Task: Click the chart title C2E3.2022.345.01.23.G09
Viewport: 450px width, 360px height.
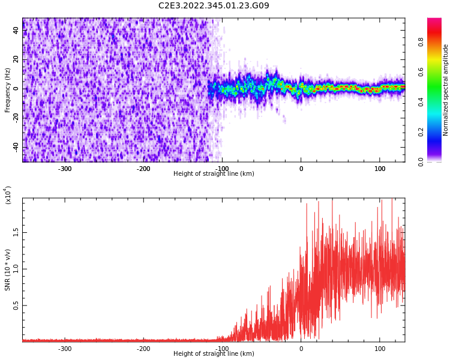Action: [214, 6]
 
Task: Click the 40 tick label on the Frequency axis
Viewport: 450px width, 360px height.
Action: [16, 31]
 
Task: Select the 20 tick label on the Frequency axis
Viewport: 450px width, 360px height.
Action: [16, 60]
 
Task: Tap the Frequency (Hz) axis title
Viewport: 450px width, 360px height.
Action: [8, 90]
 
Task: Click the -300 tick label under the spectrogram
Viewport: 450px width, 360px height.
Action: [65, 169]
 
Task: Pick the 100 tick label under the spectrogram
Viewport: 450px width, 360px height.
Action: [380, 169]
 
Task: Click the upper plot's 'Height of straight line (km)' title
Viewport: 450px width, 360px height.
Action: [214, 174]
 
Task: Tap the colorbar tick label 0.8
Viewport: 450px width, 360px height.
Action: [421, 42]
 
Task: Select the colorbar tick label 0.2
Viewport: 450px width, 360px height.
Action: [421, 132]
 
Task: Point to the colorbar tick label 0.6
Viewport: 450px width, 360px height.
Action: [421, 72]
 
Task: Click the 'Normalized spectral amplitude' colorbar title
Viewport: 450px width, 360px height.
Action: [446, 90]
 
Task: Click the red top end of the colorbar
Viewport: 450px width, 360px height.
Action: [434, 21]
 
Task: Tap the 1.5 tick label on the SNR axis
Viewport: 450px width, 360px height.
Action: [16, 232]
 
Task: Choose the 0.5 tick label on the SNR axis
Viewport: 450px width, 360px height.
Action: [16, 305]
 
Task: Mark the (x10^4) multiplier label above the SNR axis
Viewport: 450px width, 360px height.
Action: [8, 195]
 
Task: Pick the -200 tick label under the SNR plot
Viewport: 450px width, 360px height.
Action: [143, 349]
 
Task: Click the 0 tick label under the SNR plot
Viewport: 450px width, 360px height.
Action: [301, 349]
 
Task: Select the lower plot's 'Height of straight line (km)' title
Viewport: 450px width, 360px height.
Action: [214, 354]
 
